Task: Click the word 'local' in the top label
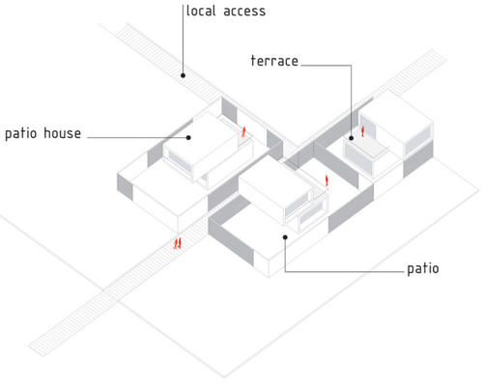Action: (201, 11)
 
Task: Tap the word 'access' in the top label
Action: (244, 12)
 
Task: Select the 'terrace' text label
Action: (274, 61)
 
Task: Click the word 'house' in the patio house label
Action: (62, 133)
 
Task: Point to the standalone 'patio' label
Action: (423, 269)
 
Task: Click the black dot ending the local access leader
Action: (183, 75)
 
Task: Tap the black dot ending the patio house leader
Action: (188, 138)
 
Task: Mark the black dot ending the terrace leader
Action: (352, 138)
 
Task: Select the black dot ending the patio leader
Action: (285, 237)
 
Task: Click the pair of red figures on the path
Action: (178, 243)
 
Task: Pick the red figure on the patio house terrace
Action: (243, 131)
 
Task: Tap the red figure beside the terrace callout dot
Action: (362, 131)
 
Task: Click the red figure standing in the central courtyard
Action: (327, 180)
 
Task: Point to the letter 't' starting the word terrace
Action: (253, 61)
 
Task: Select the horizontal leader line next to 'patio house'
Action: (137, 138)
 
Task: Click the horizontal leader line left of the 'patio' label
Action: (345, 272)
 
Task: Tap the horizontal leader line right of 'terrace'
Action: (326, 66)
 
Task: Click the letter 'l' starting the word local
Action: (188, 11)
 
